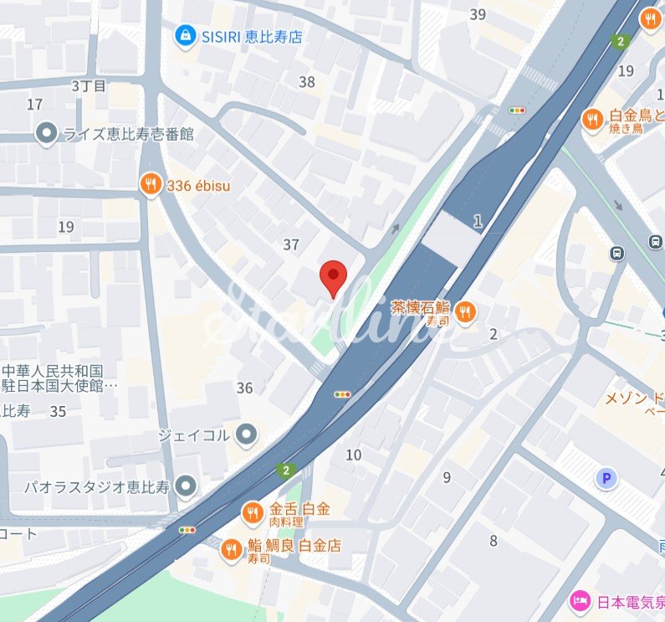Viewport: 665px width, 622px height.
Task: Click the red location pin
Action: [334, 276]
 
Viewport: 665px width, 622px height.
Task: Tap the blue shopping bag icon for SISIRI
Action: [184, 35]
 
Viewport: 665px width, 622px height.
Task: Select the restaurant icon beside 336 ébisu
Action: [151, 185]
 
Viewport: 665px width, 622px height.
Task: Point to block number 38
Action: [307, 82]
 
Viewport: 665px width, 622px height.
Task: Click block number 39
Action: [478, 14]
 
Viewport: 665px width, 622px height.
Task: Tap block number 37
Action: [291, 245]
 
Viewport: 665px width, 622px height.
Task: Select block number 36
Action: [245, 388]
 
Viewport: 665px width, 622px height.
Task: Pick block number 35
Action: [58, 411]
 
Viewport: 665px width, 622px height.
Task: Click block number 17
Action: [34, 105]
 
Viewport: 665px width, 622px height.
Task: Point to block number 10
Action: [354, 455]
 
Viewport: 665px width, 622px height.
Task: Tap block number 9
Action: [447, 478]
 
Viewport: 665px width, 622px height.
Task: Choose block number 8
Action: [494, 540]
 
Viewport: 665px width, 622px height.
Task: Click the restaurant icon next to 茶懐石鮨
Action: [466, 313]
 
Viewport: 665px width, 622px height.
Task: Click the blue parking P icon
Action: [604, 478]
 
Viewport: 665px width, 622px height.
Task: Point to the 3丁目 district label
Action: [90, 85]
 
